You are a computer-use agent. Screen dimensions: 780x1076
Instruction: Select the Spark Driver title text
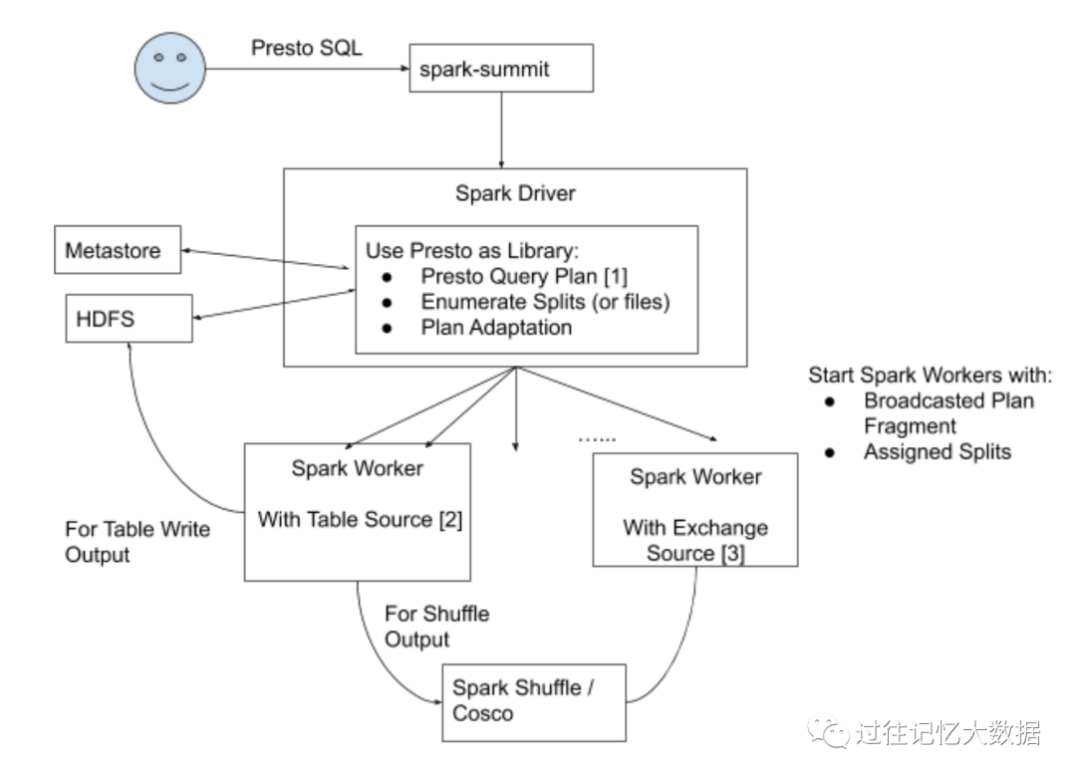point(515,193)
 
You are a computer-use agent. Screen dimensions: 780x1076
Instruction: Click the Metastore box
point(117,250)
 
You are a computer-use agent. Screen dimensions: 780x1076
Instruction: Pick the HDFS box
point(129,318)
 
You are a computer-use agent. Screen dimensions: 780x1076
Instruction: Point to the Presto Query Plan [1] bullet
point(523,276)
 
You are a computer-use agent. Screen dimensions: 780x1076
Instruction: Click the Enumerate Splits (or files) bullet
point(544,302)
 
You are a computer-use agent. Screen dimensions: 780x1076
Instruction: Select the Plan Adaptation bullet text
point(496,327)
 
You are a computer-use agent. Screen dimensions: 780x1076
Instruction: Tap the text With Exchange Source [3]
point(694,540)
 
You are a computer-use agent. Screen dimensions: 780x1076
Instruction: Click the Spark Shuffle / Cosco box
point(534,700)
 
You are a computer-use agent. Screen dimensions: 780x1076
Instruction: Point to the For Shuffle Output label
point(436,626)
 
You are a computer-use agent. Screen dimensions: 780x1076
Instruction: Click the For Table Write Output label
point(136,541)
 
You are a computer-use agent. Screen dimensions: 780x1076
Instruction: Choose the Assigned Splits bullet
point(937,451)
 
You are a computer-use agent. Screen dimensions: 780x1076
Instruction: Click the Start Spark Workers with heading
point(930,376)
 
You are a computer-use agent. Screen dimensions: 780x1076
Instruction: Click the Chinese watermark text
point(946,734)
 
